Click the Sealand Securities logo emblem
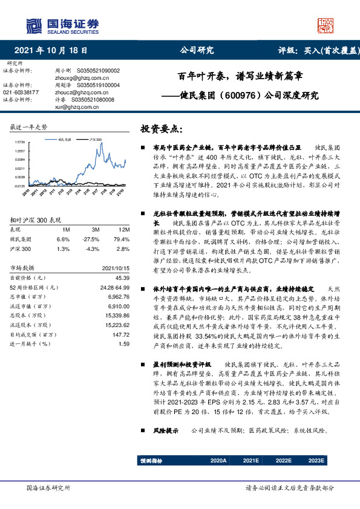[x=34, y=26]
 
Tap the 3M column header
[x=95, y=230]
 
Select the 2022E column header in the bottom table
[x=283, y=460]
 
